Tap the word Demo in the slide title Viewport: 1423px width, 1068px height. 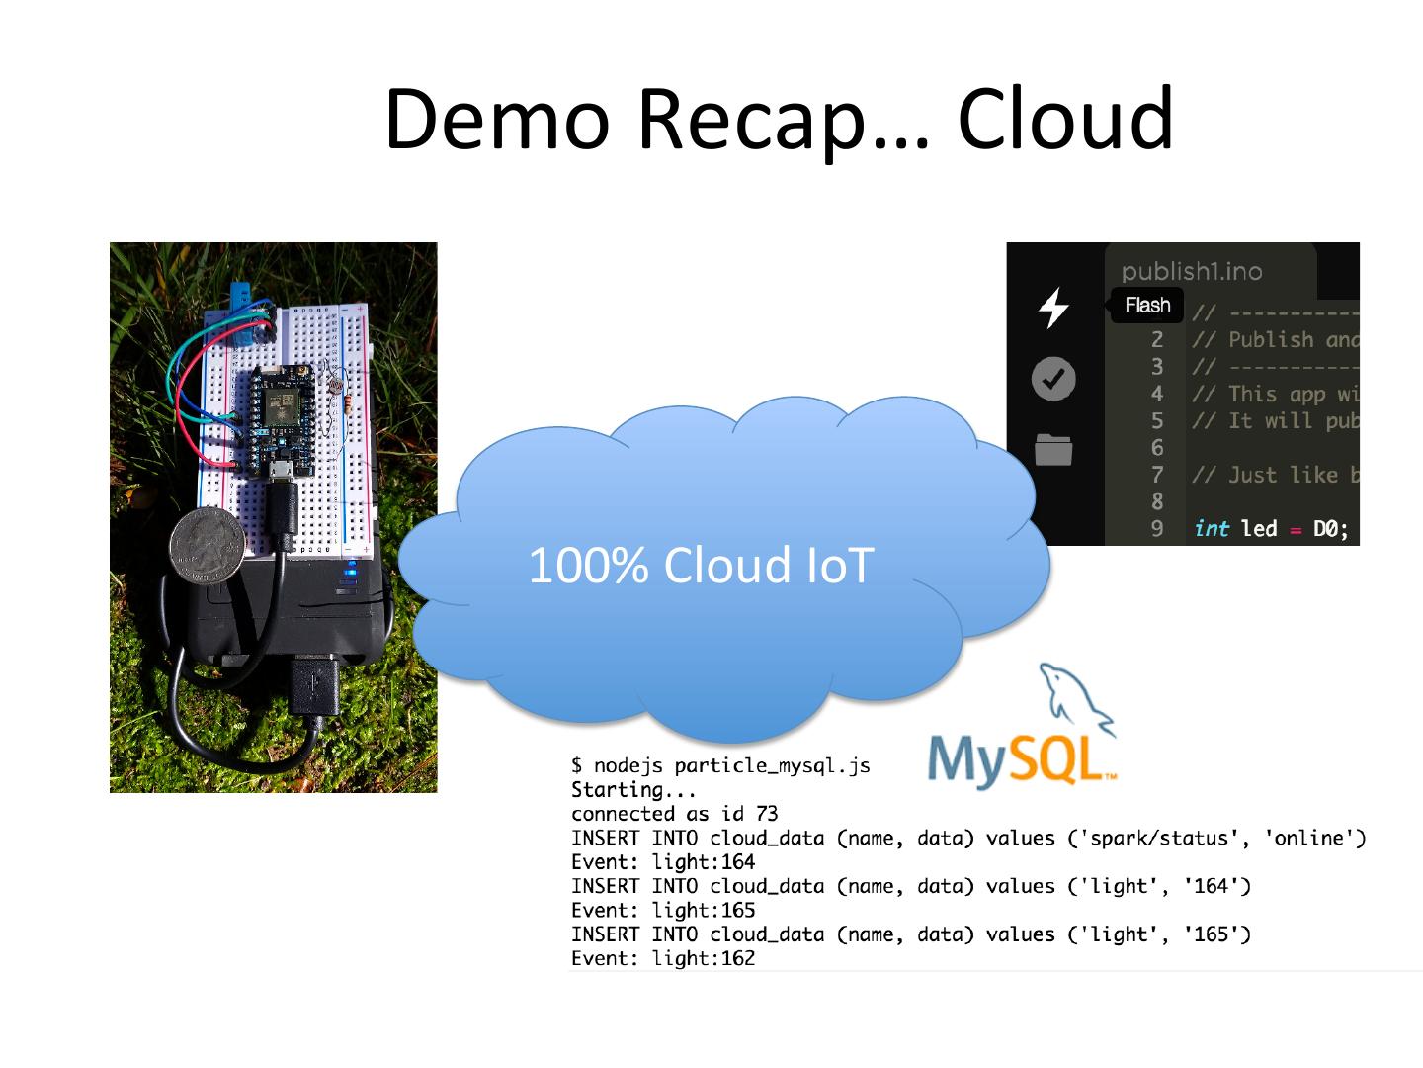click(x=497, y=120)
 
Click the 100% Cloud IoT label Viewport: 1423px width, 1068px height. click(x=702, y=565)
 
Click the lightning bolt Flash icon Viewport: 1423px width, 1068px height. click(x=1053, y=308)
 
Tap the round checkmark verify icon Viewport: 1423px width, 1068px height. click(x=1053, y=379)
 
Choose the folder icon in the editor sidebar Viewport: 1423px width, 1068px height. click(x=1053, y=449)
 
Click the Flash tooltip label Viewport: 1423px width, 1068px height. click(x=1147, y=305)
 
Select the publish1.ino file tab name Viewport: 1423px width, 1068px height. click(x=1192, y=271)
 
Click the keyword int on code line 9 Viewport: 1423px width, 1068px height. click(x=1212, y=528)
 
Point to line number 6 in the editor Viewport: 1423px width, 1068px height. click(x=1157, y=447)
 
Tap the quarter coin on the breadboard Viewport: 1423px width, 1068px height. click(x=208, y=546)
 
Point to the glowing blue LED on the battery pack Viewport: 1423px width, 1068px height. click(x=351, y=571)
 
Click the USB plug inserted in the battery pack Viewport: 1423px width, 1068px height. click(x=315, y=683)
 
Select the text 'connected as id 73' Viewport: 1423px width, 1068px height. click(x=674, y=813)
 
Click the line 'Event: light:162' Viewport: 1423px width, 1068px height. click(x=663, y=958)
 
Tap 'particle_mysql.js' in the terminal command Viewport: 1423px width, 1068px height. click(x=772, y=766)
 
